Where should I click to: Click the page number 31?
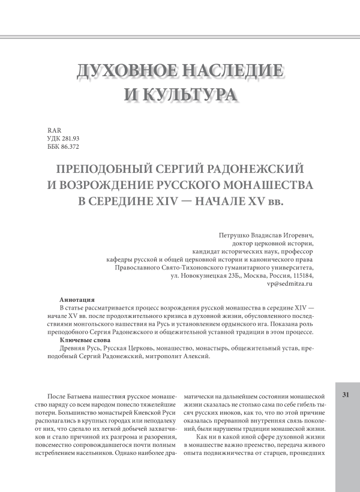[x=345, y=394]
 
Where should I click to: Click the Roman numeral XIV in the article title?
[x=165, y=199]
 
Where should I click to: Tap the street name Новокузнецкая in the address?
[x=207, y=275]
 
